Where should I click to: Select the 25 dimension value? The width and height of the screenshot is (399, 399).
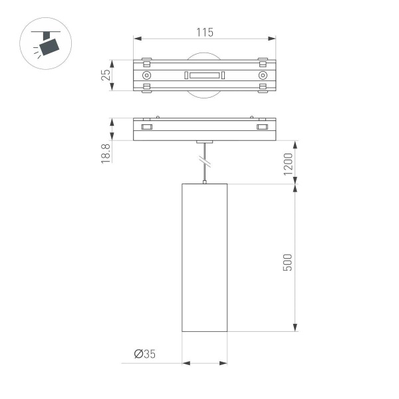point(105,75)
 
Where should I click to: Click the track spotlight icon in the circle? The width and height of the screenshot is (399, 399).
point(49,43)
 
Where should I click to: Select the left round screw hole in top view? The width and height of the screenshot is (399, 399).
point(146,76)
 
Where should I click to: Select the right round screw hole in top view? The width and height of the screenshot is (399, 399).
point(263,76)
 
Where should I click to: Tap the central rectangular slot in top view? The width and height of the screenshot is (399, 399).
point(205,76)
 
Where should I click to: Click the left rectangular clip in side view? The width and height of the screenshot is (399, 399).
point(146,126)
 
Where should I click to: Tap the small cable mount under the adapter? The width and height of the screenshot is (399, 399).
point(205,142)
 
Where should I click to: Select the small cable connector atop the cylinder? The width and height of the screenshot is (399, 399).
point(205,181)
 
